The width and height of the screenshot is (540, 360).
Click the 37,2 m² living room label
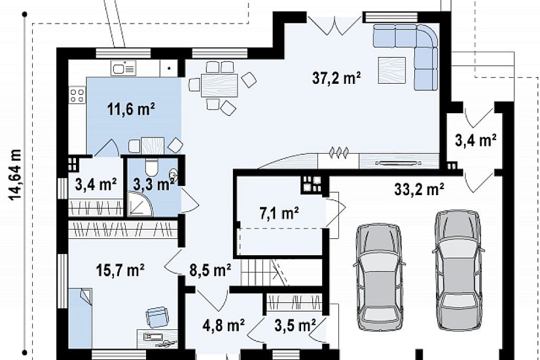(x=336, y=78)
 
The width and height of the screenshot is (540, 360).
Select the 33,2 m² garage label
(x=419, y=189)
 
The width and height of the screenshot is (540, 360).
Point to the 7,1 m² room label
(x=279, y=213)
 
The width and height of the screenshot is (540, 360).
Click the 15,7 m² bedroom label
(x=120, y=270)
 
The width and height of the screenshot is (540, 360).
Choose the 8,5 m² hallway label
(x=210, y=270)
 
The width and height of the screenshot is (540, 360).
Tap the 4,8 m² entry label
(x=224, y=325)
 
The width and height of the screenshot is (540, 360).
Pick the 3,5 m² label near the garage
(x=295, y=325)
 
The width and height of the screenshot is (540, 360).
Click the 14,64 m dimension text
(x=15, y=174)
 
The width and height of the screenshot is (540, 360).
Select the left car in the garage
(x=379, y=278)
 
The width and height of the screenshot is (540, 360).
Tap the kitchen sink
(x=123, y=68)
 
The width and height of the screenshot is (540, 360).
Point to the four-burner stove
(x=77, y=95)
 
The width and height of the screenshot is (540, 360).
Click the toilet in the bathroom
(x=151, y=168)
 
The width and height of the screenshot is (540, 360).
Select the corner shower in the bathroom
(x=141, y=204)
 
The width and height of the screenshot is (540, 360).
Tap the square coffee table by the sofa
(x=392, y=70)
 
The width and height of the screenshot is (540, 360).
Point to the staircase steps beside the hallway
(x=264, y=272)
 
